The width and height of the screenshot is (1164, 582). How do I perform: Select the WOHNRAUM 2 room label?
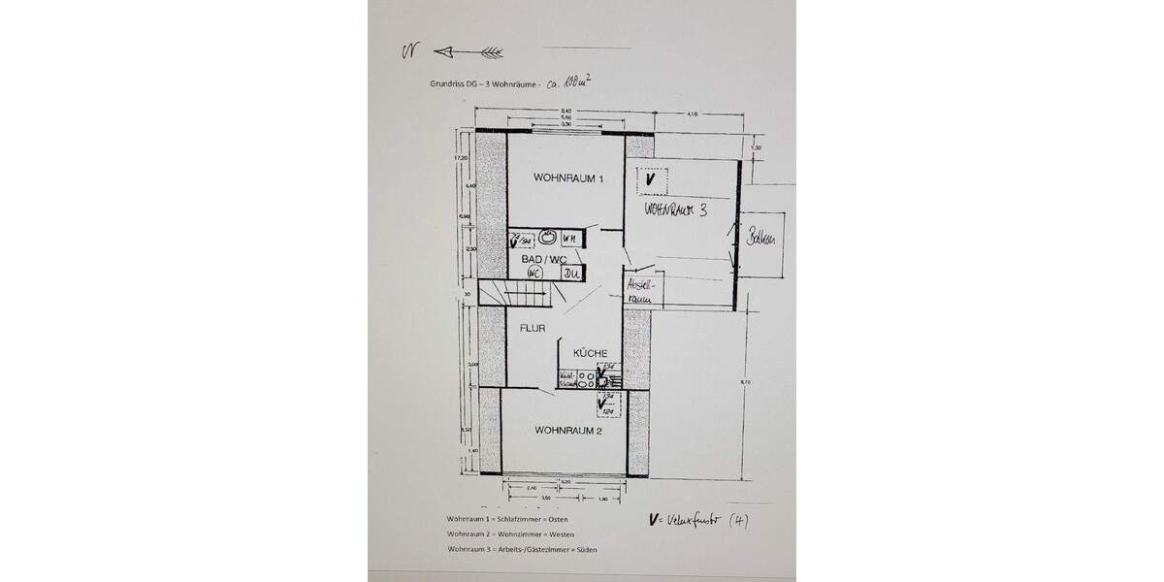click(569, 429)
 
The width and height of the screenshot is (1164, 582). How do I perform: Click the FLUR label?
click(531, 328)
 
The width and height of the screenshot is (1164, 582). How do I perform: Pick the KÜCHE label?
click(590, 353)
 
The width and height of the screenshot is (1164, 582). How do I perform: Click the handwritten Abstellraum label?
click(642, 292)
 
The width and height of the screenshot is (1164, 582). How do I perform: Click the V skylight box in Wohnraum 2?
click(607, 400)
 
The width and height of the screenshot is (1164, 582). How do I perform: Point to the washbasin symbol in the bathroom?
click(549, 236)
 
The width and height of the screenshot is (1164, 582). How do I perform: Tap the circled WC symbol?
click(533, 275)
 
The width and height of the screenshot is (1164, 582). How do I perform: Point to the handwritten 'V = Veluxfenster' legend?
click(697, 520)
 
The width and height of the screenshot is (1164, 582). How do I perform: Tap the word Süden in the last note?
click(587, 550)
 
